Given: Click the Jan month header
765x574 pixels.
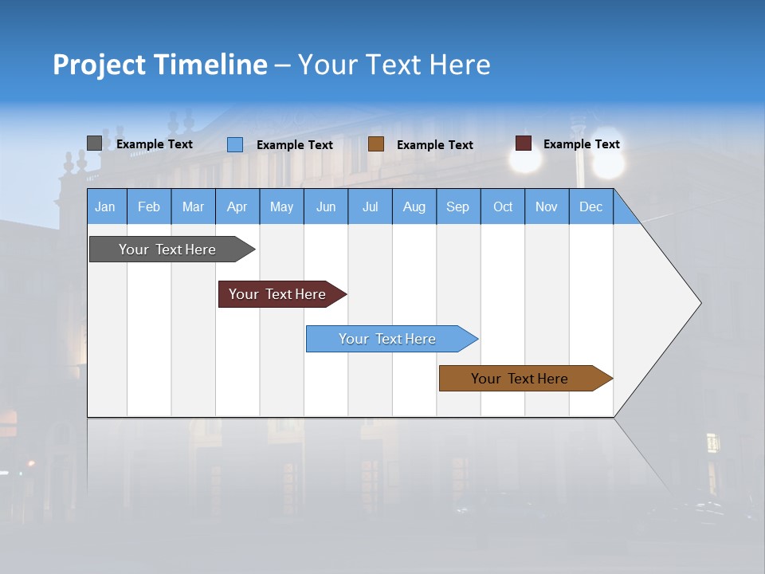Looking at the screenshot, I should point(105,206).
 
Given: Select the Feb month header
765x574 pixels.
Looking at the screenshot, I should point(149,206).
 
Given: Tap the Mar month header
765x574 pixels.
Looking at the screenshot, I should point(193,206).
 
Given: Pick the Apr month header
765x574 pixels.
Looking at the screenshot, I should point(237,206).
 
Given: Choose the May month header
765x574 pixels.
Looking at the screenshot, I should point(281,206).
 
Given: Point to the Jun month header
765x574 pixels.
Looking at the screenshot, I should point(326,206).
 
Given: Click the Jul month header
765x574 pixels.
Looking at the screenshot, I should point(370,206).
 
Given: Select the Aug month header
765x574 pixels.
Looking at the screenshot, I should point(414,206).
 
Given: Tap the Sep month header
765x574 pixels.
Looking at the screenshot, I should point(458,206).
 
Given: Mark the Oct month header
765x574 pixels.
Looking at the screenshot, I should point(503,206).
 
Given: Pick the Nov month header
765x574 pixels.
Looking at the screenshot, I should point(547,206).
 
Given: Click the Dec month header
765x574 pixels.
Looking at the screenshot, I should point(591,206).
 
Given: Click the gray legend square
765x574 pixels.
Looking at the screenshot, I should point(95,143).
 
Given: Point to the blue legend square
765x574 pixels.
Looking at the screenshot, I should point(235,144).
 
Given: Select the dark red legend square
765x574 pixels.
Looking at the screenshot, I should point(524,143).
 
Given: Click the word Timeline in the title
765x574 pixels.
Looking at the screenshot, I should point(210,65).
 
